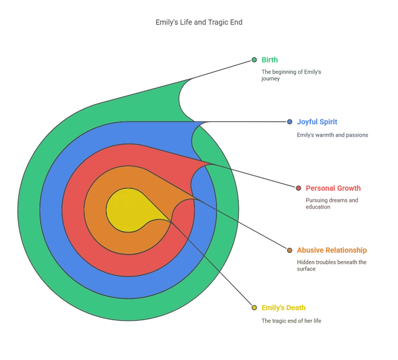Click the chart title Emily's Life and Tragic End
[x=199, y=22]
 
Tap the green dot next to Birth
[x=254, y=60]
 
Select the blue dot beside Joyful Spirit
[x=290, y=122]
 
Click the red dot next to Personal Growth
[x=298, y=188]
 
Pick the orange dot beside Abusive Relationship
[x=290, y=251]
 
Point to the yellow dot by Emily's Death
[x=254, y=307]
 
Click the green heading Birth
[x=270, y=60]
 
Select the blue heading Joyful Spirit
[x=317, y=122]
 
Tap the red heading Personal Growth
[x=333, y=188]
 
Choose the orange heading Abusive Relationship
[x=332, y=251]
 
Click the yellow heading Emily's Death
[x=284, y=307]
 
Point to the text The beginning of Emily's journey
[x=291, y=75]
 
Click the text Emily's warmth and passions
[x=333, y=135]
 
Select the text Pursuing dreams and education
[x=332, y=204]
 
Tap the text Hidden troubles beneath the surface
[x=332, y=265]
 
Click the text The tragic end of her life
[x=291, y=321]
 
